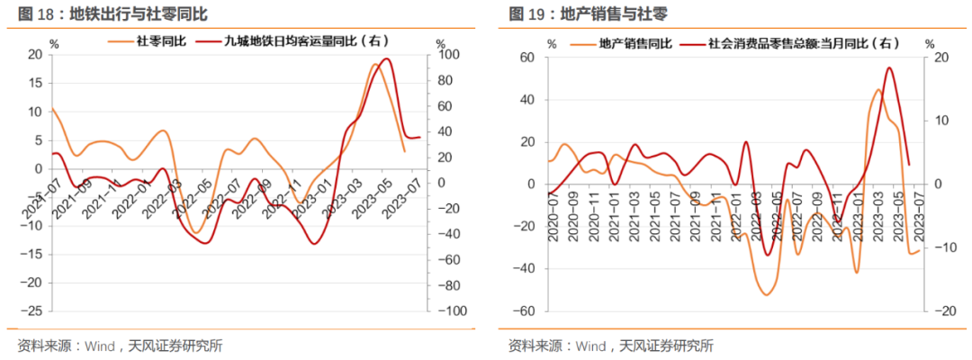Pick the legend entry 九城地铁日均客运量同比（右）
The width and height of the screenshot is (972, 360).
[x=306, y=41]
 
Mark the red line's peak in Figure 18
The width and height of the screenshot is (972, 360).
[x=387, y=59]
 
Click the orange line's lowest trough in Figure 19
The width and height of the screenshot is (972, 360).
[x=767, y=294]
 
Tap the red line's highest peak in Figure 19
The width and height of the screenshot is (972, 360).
[x=889, y=67]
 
